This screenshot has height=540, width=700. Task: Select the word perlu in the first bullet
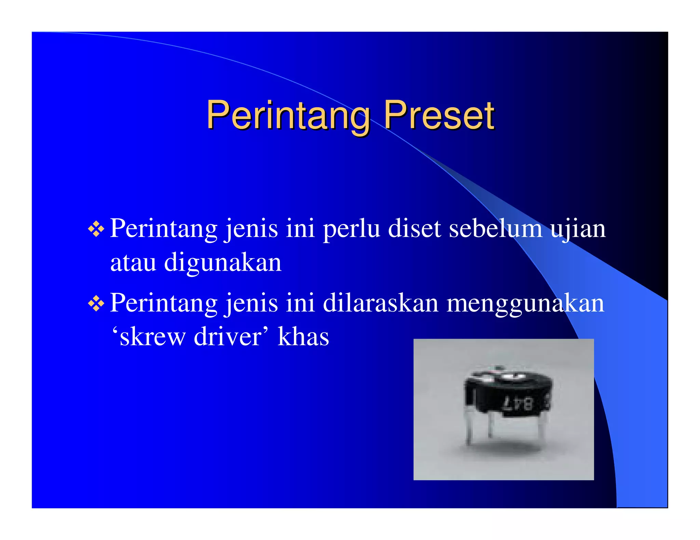pos(351,228)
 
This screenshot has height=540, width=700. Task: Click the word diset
pos(414,228)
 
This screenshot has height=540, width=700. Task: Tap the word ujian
pos(578,228)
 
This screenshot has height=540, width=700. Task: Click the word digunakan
pos(223,263)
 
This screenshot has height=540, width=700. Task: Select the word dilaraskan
pos(380,303)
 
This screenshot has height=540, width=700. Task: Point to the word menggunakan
pos(525,303)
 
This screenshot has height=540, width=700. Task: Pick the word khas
pos(303,337)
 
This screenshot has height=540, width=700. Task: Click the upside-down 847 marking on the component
pos(518,404)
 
